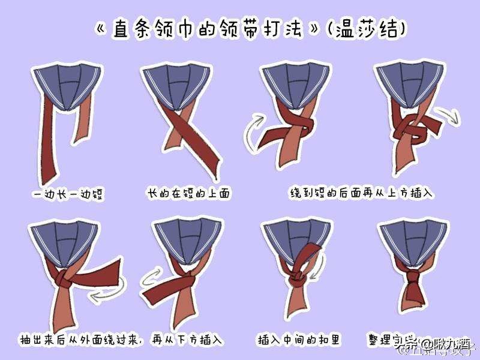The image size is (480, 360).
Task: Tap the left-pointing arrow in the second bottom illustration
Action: [154, 278]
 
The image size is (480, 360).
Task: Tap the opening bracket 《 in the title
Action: [102, 29]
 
